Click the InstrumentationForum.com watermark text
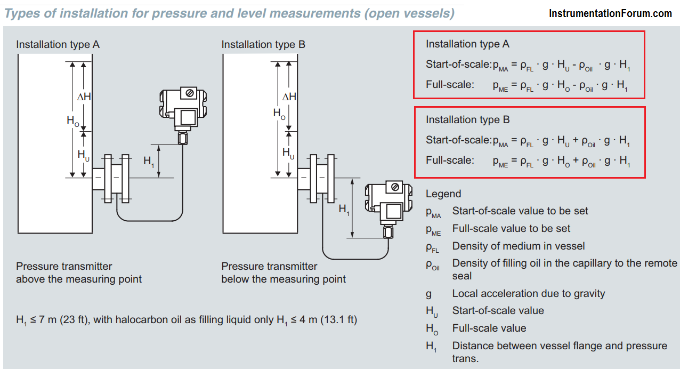click(610, 13)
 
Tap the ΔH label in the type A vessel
click(84, 97)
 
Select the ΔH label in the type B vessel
click(289, 97)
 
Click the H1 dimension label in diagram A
click(149, 161)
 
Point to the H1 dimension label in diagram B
click(344, 209)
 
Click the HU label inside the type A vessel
click(84, 155)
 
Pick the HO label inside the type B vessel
click(279, 114)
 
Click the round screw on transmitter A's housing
click(190, 93)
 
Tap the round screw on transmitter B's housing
click(395, 187)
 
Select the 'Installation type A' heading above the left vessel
click(58, 45)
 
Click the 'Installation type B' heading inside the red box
click(467, 119)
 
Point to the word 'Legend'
click(443, 194)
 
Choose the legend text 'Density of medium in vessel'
click(518, 246)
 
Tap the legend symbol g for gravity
click(428, 294)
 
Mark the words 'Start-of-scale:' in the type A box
click(458, 65)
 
